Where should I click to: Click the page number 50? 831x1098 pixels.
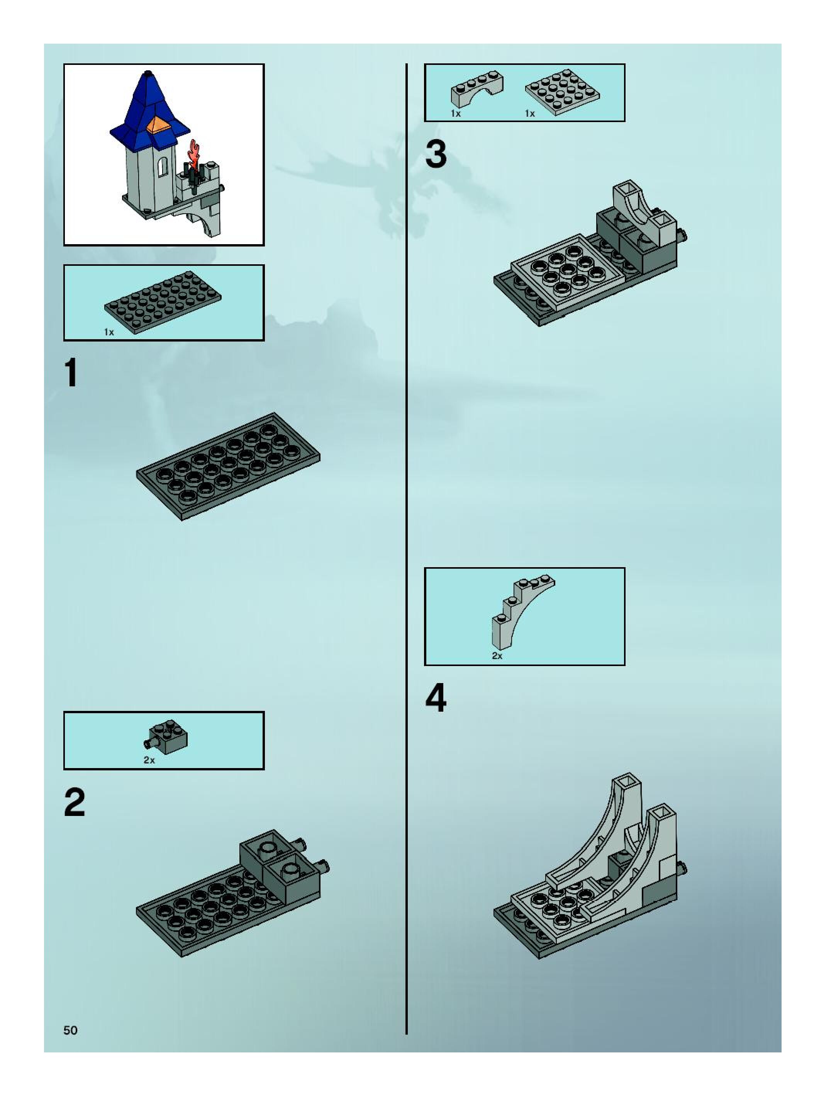click(x=70, y=1030)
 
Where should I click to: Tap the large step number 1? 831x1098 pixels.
click(x=71, y=373)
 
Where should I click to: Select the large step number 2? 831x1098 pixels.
click(x=75, y=803)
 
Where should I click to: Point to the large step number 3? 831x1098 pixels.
click(x=436, y=155)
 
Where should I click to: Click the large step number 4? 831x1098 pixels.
click(x=436, y=699)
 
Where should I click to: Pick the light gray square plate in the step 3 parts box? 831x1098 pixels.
click(x=562, y=92)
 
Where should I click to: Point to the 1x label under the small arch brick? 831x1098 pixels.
click(x=455, y=114)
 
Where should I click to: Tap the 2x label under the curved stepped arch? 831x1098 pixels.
click(x=497, y=656)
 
